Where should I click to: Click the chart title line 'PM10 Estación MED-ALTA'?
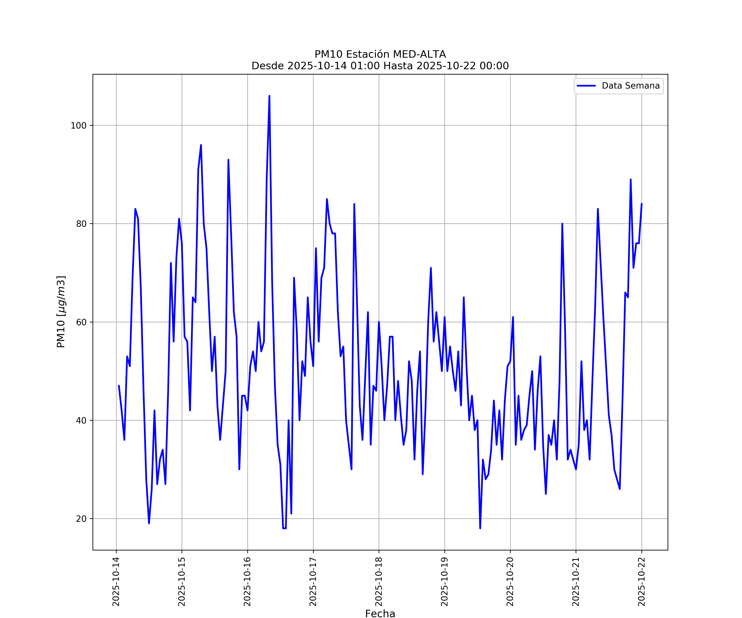[x=380, y=54]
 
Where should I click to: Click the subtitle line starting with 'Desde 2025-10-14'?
[x=380, y=66]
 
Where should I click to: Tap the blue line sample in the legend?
[x=586, y=86]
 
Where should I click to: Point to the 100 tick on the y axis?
[x=79, y=125]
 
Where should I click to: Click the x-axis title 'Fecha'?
[x=380, y=613]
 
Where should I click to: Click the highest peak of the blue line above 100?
[x=269, y=96]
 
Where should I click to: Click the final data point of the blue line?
[x=642, y=204]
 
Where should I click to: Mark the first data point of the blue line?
[x=119, y=386]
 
